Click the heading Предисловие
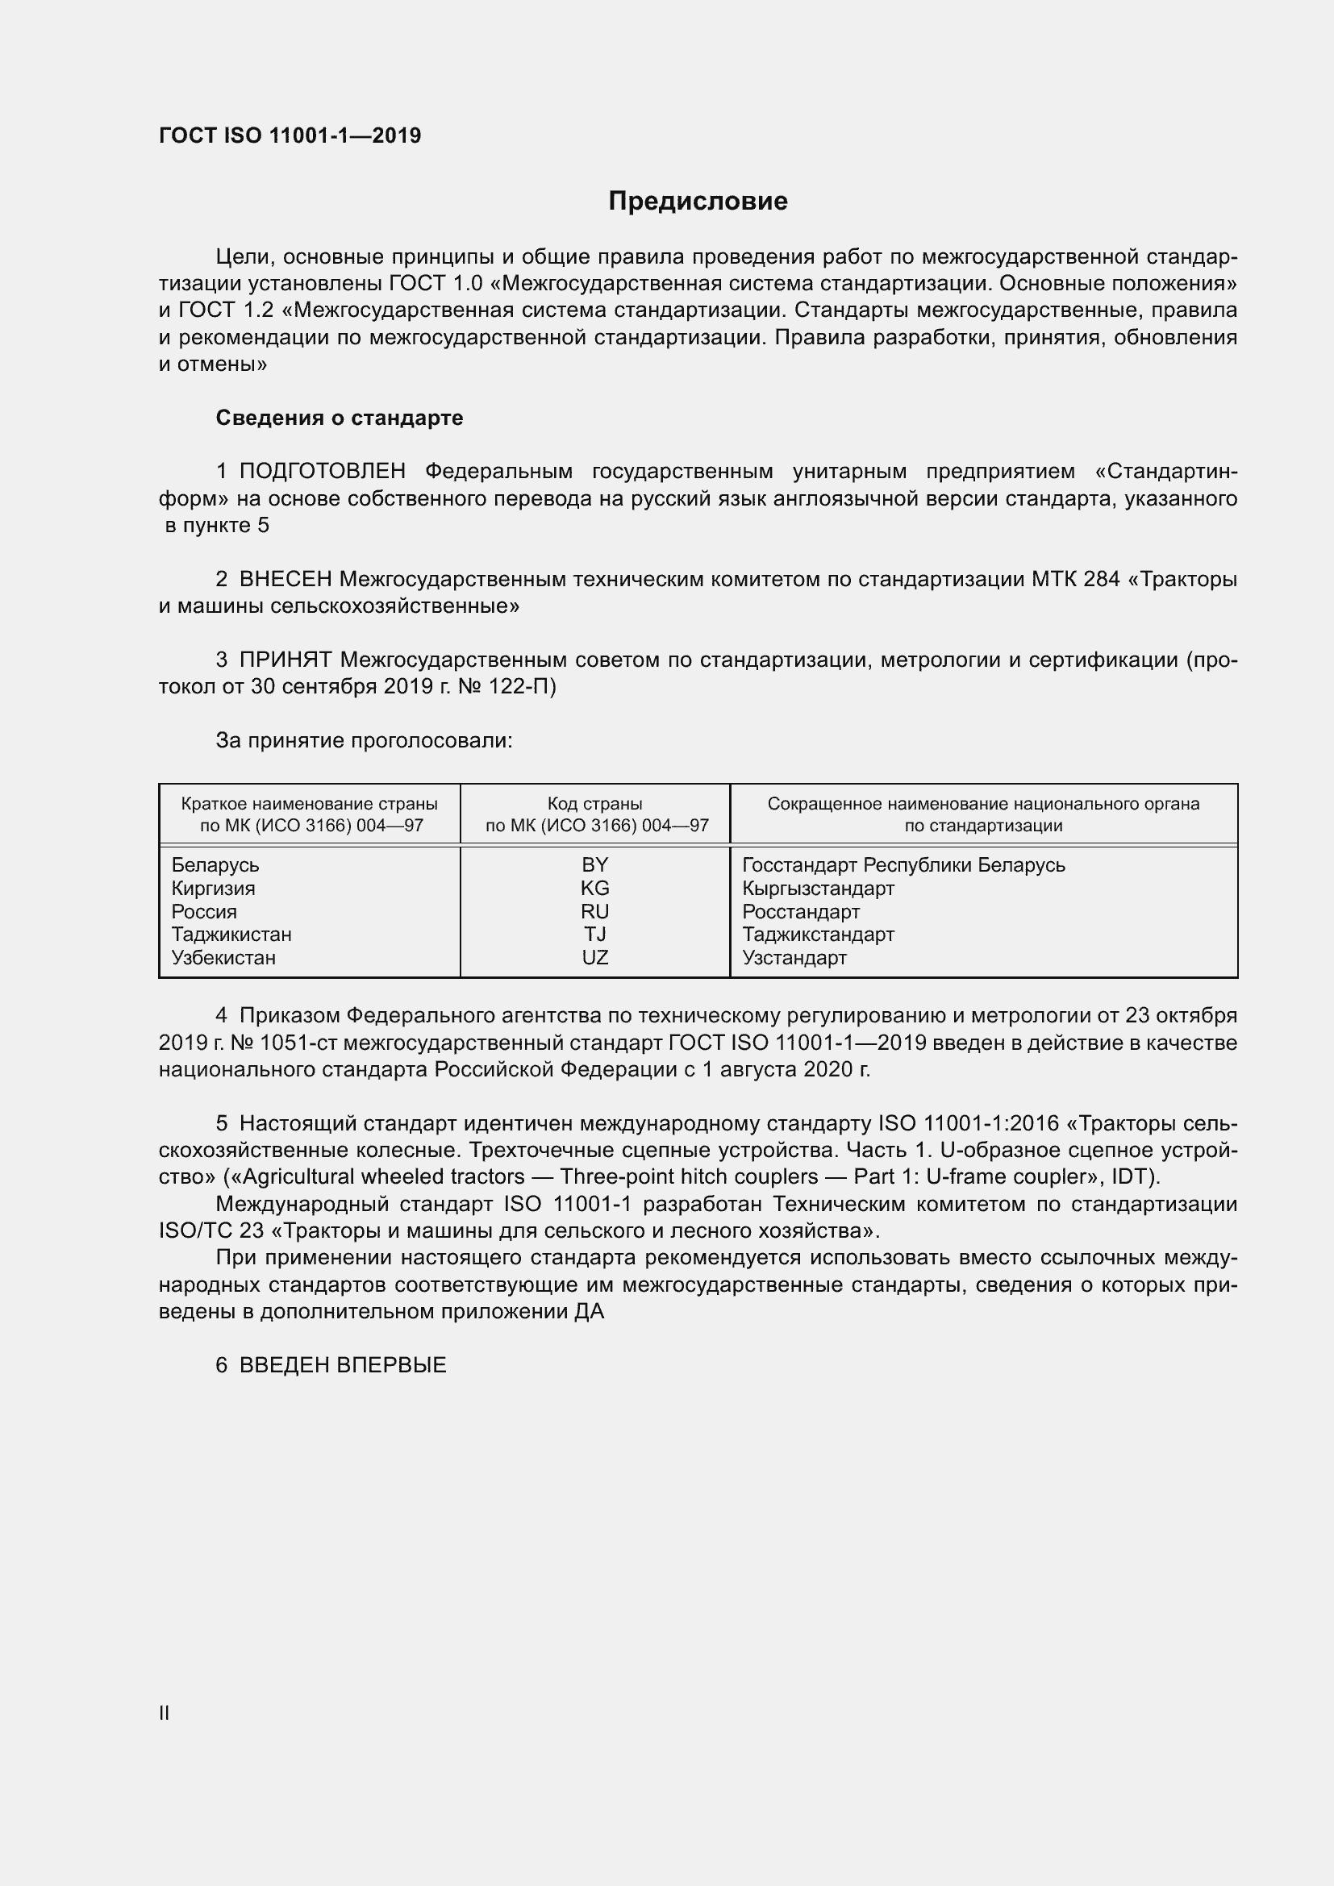click(x=698, y=202)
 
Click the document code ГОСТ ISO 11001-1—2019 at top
click(x=290, y=135)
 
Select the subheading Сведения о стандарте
click(x=339, y=418)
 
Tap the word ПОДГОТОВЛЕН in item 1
click(x=322, y=472)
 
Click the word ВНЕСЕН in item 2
click(x=285, y=579)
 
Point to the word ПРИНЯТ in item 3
click(x=285, y=660)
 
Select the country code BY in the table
click(x=594, y=865)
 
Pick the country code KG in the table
click(x=594, y=888)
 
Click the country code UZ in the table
click(x=594, y=958)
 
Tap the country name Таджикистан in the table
click(x=231, y=935)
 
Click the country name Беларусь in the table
click(x=215, y=865)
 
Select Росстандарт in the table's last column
click(x=801, y=912)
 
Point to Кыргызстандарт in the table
click(x=818, y=888)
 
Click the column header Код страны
click(x=594, y=804)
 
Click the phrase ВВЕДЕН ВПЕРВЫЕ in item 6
click(x=343, y=1365)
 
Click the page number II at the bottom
click(x=165, y=1713)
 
